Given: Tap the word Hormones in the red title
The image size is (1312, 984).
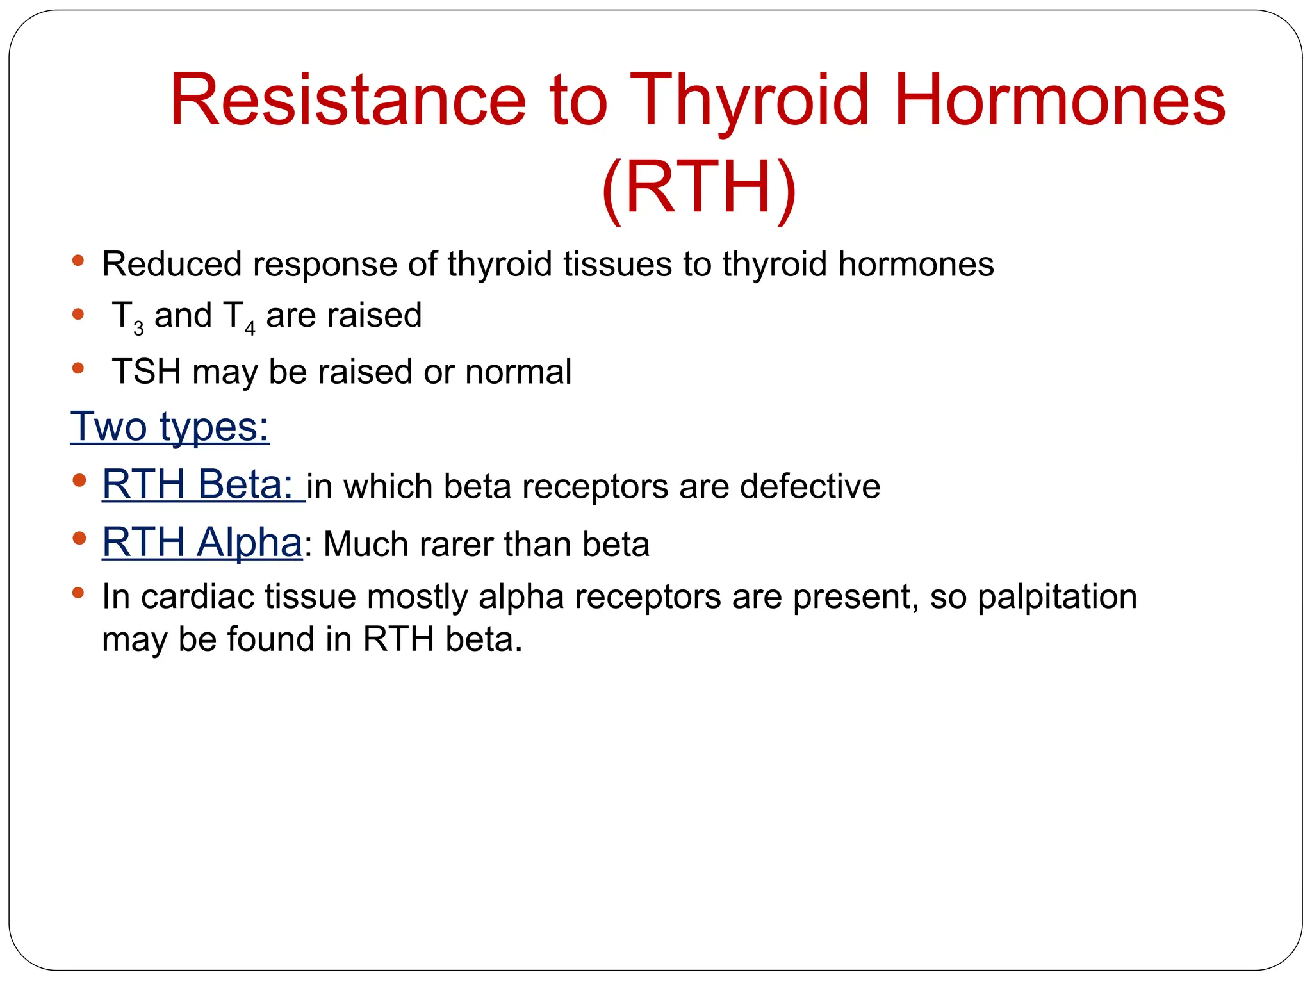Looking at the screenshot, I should [1058, 101].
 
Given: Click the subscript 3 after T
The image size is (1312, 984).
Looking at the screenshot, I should [138, 329].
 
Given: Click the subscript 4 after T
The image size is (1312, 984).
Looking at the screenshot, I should [250, 329].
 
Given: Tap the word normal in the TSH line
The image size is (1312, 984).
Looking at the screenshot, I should [518, 372].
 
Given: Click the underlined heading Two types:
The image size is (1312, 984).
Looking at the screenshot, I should [170, 427].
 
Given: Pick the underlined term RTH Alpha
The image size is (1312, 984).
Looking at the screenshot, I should [202, 543].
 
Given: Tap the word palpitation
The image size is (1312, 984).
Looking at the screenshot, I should [1057, 597].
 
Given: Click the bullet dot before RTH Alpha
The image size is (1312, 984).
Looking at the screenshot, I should [79, 539].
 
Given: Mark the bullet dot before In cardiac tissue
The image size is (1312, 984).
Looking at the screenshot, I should [79, 593].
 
